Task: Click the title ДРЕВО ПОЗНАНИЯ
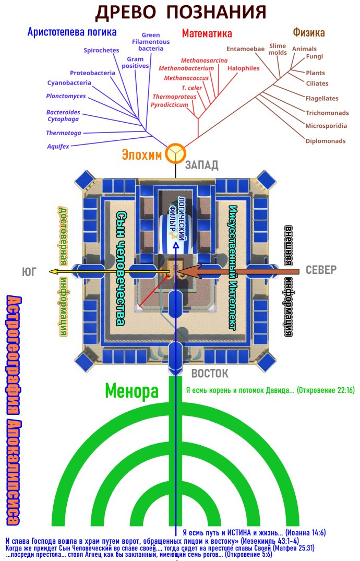(181, 12)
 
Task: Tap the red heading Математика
(207, 33)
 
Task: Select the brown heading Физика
(309, 32)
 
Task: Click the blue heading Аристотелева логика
(72, 32)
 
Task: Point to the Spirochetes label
(101, 50)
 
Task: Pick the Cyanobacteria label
(69, 82)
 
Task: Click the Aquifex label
(58, 146)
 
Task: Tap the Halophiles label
(243, 68)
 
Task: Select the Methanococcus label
(186, 78)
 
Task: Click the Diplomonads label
(326, 141)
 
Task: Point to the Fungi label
(314, 56)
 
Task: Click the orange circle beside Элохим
(175, 153)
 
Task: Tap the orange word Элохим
(142, 154)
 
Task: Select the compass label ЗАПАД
(201, 165)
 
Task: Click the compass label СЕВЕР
(321, 270)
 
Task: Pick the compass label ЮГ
(29, 272)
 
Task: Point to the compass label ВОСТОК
(210, 374)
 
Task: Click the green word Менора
(131, 391)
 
